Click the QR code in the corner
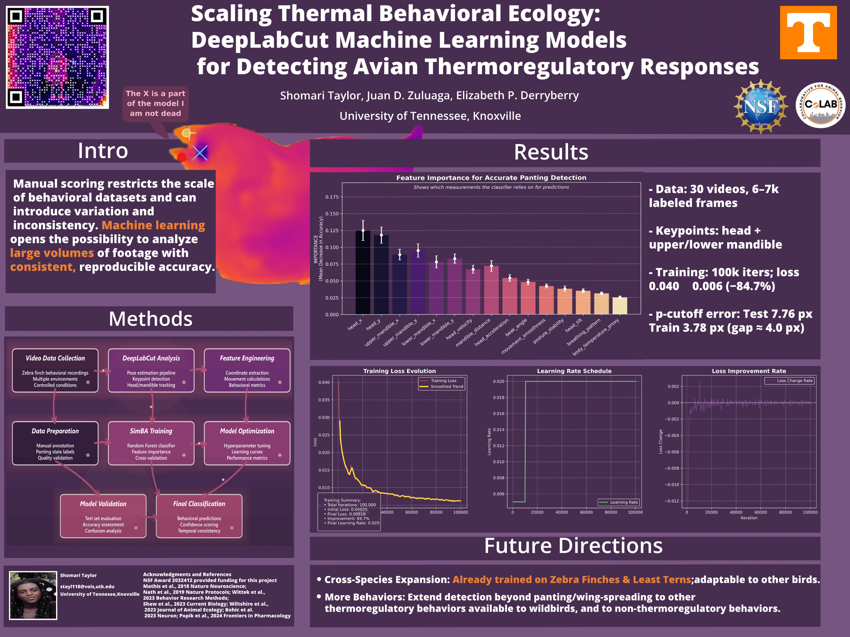57,57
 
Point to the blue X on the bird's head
200,152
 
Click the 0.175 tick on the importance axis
332,197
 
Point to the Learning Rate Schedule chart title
574,371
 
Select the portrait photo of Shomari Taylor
33,595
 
